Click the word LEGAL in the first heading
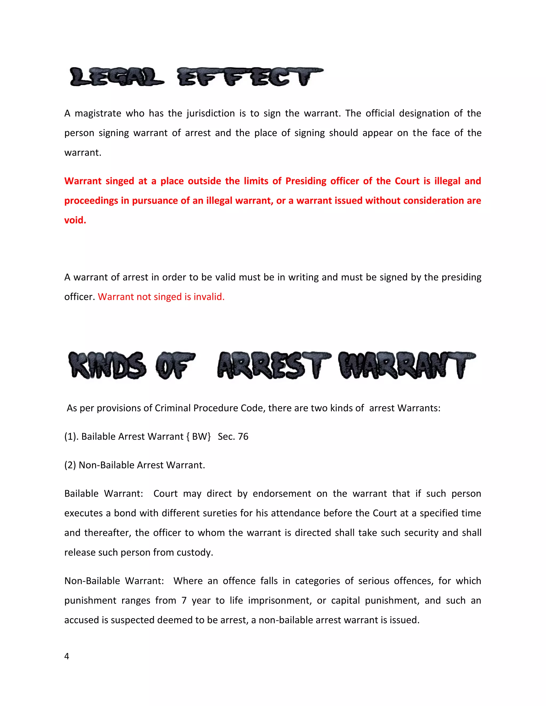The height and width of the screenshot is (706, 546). tap(117, 77)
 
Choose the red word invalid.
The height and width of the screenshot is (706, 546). tap(209, 297)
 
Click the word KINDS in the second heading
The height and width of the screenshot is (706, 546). tap(107, 366)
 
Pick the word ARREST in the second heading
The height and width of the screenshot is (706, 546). tap(274, 366)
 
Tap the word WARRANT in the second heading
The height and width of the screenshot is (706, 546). tap(407, 366)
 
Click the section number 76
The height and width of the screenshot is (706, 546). tap(243, 437)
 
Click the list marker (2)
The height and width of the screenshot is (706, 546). tap(70, 465)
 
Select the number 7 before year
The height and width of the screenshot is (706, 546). tap(184, 600)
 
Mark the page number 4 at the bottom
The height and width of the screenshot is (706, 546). tap(67, 656)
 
